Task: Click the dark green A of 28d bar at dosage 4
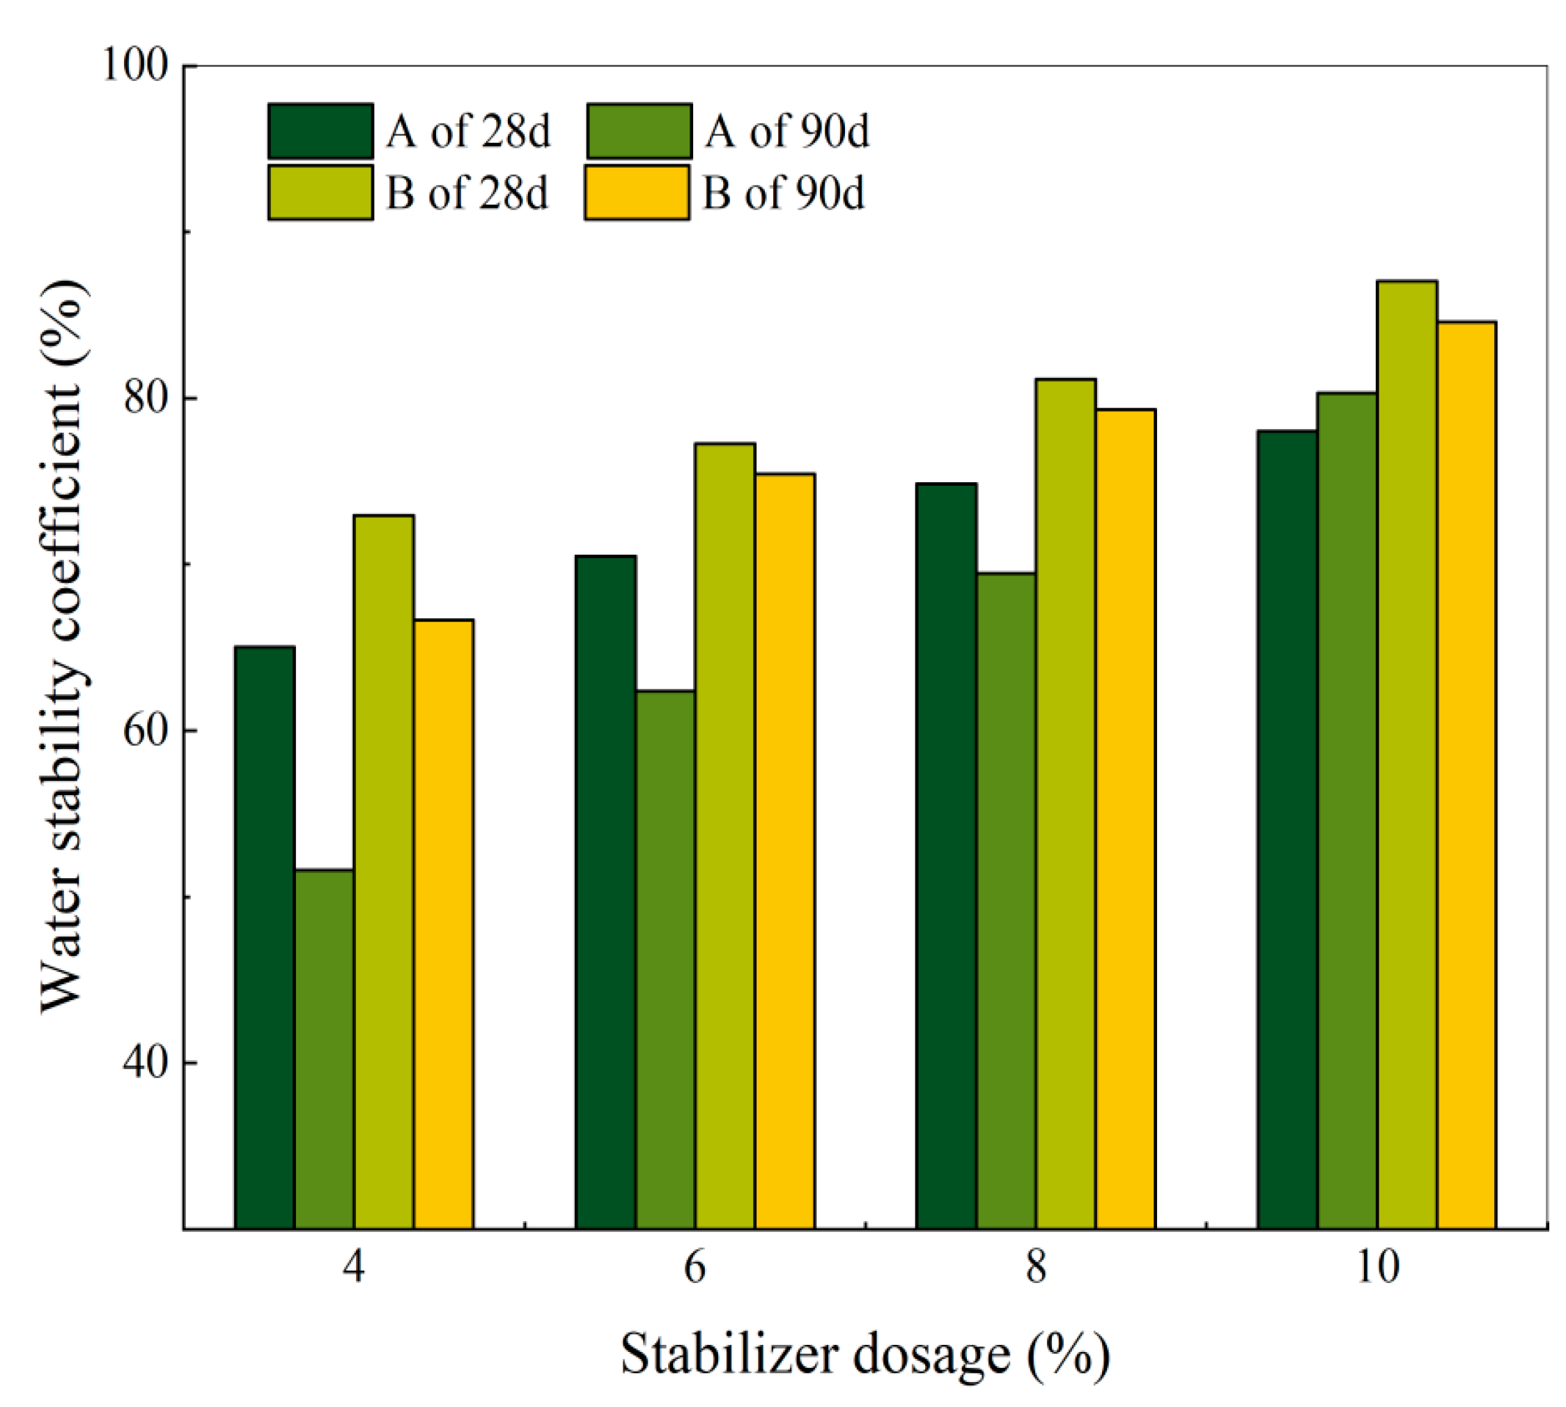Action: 264,936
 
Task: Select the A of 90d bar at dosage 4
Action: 324,1048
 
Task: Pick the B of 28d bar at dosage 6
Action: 724,835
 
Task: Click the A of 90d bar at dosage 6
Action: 665,959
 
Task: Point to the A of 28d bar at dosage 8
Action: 946,855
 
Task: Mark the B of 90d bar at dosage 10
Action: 1466,774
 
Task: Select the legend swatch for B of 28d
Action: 320,192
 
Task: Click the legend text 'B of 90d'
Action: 783,192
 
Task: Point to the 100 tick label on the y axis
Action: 136,66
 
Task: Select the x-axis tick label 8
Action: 1036,1267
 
